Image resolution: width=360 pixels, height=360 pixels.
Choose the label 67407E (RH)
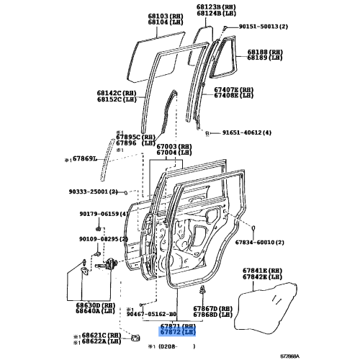tap(233, 90)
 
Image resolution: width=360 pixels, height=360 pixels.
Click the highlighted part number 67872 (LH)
tap(177, 332)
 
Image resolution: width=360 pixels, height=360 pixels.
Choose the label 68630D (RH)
tap(92, 306)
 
